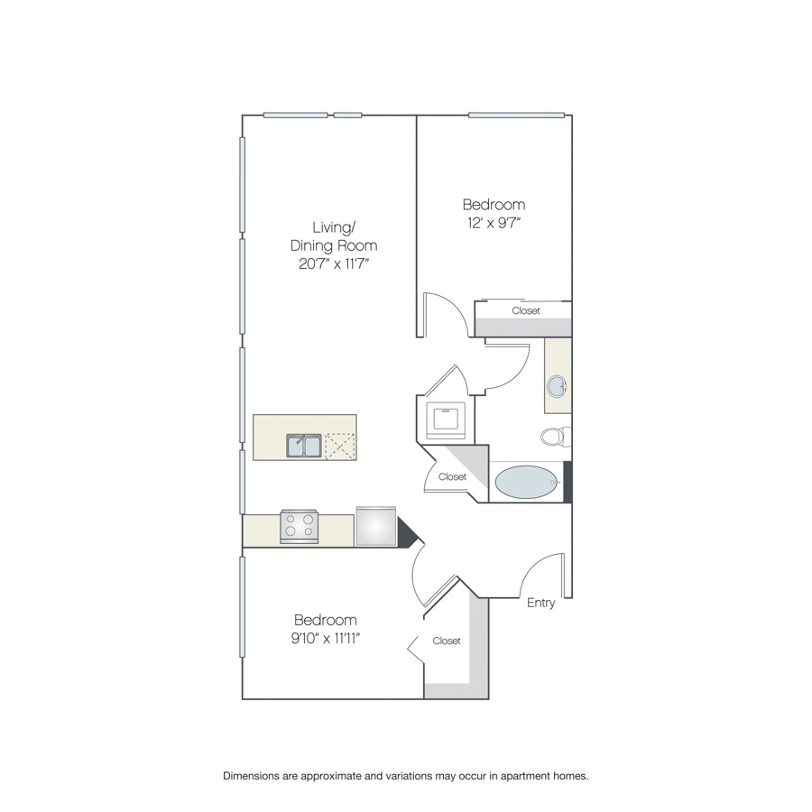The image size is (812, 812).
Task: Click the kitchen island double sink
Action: (304, 446)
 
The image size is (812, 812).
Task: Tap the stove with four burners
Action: (300, 527)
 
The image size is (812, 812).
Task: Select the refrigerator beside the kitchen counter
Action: (376, 526)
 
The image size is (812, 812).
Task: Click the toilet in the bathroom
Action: (556, 437)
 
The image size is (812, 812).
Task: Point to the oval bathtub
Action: (527, 482)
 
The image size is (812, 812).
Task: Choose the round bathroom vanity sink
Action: (558, 386)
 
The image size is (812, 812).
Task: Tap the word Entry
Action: (540, 603)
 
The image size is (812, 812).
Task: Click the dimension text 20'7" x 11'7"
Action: (334, 264)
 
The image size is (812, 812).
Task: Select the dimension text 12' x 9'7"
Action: (494, 223)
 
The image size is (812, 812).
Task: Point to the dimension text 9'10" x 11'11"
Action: (325, 639)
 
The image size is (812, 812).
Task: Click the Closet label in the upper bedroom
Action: (526, 310)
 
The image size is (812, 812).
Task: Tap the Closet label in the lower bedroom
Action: (447, 641)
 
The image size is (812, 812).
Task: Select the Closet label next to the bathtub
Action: (452, 477)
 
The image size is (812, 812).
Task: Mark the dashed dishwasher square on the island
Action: (340, 447)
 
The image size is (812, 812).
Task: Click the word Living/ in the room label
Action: (334, 227)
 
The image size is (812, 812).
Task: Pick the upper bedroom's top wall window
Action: (516, 115)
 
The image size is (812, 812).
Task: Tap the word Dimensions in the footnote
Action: (251, 776)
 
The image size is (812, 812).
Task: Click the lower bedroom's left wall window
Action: (242, 607)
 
